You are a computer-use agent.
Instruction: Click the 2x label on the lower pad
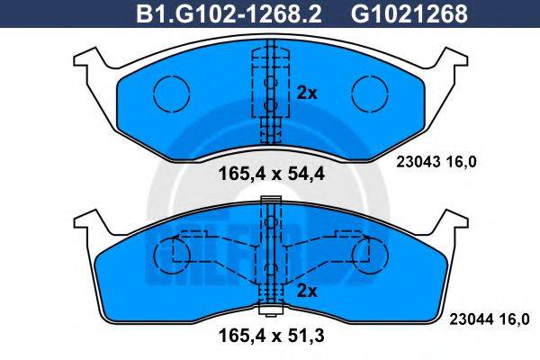click(x=307, y=290)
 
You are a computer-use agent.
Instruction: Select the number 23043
click(x=417, y=162)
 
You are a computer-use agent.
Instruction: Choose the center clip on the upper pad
click(x=268, y=90)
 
